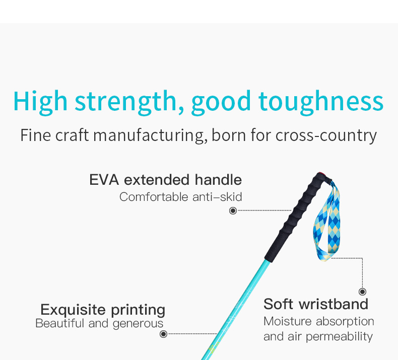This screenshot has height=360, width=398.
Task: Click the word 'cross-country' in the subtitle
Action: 326,135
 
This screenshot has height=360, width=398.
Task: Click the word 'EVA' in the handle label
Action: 104,180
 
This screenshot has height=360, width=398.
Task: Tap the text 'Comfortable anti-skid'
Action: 180,197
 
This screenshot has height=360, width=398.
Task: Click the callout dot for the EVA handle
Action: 233,210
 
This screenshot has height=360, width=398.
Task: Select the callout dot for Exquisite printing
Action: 163,334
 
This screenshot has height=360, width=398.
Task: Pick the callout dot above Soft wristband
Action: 362,292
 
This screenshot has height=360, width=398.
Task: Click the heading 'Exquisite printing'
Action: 103,310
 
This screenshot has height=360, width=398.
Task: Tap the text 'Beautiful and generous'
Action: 99,324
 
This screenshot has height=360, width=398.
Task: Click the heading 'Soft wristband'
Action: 316,304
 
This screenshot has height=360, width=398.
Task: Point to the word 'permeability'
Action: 339,337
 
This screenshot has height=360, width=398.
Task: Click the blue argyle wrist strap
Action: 326,223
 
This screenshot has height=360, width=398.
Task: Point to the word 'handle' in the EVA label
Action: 218,180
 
